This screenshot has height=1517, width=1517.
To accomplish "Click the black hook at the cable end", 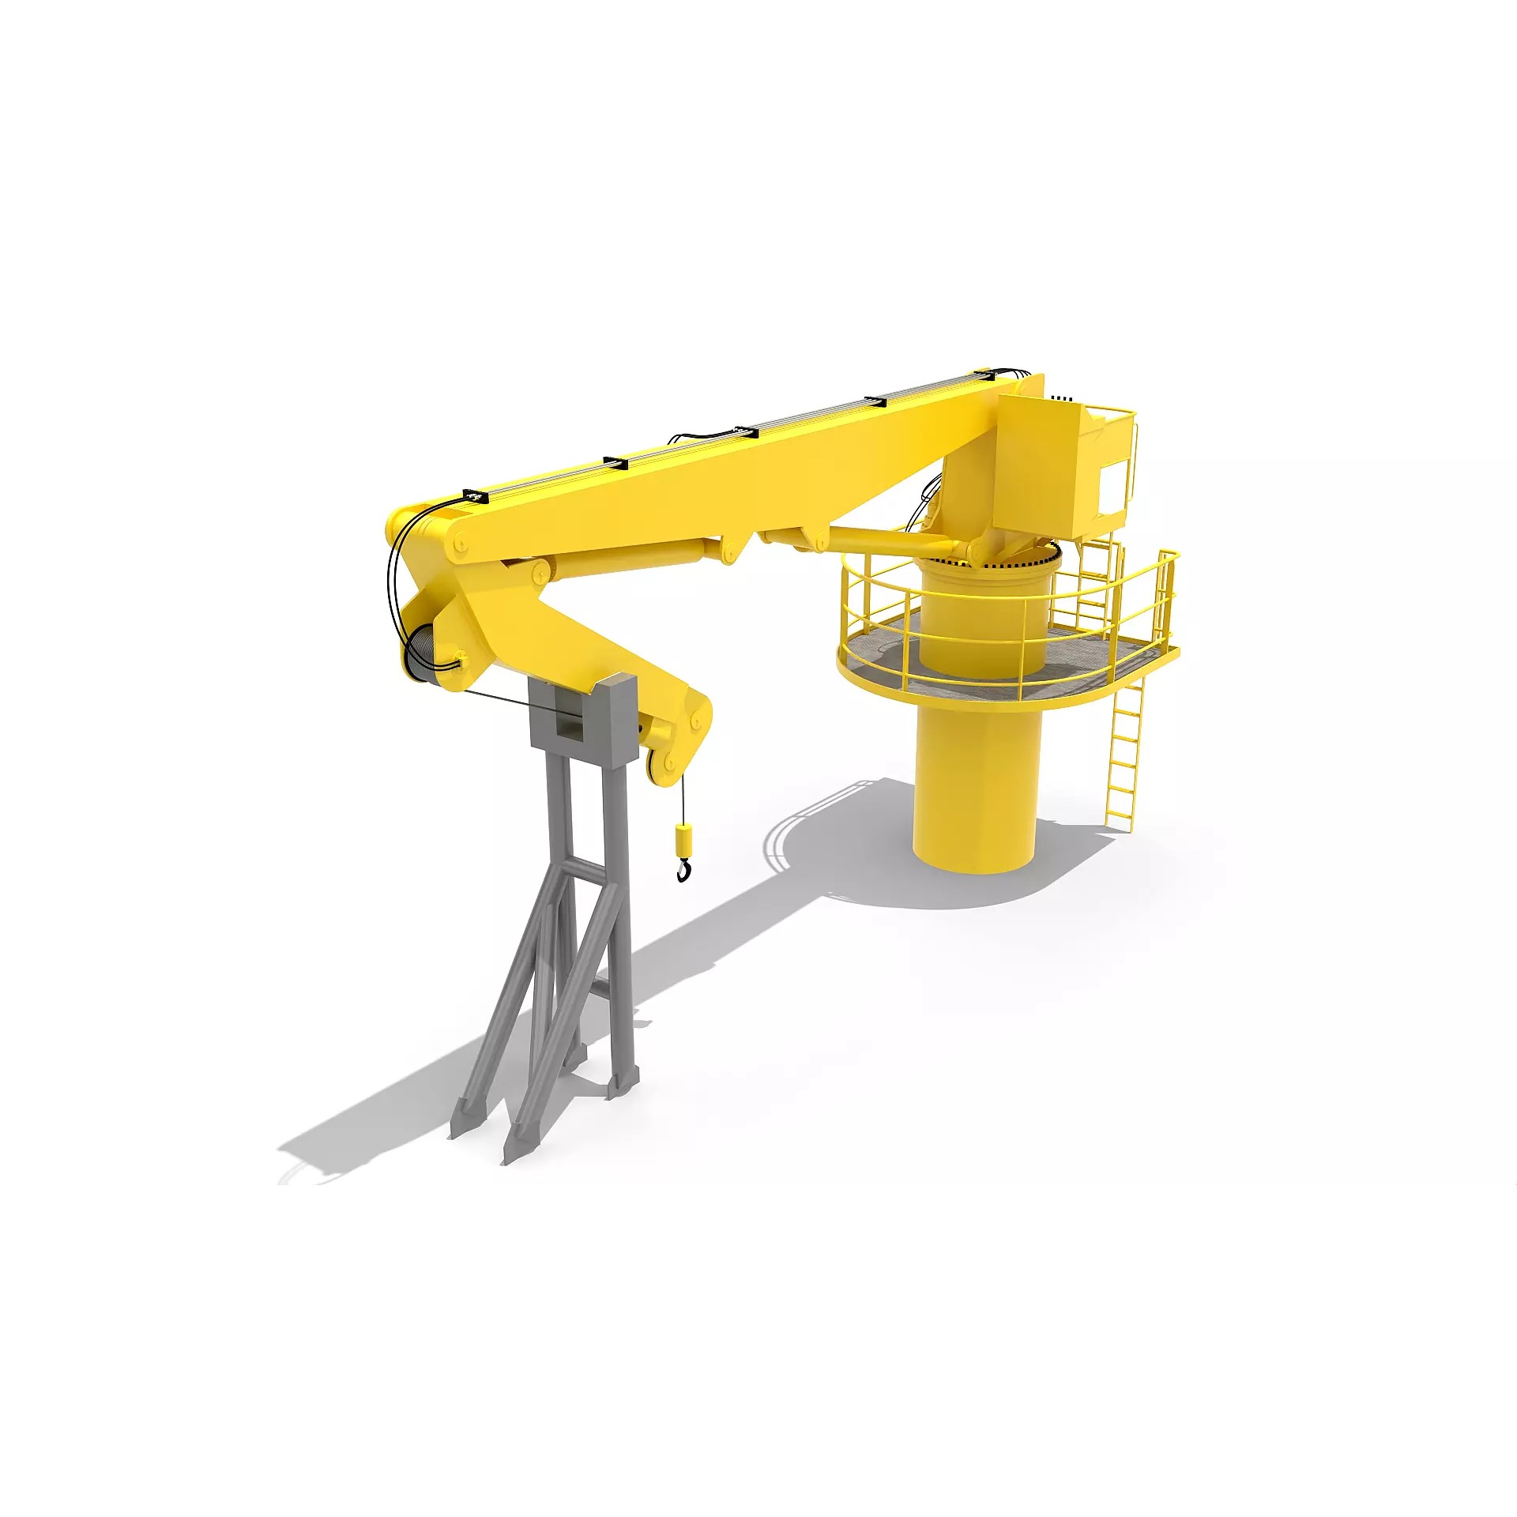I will click(x=683, y=870).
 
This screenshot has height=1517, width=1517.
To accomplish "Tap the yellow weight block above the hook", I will click(x=683, y=838).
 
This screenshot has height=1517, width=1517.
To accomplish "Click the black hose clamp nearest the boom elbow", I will click(x=475, y=495).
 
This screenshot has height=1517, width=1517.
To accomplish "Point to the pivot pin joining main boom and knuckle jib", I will click(x=458, y=545).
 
